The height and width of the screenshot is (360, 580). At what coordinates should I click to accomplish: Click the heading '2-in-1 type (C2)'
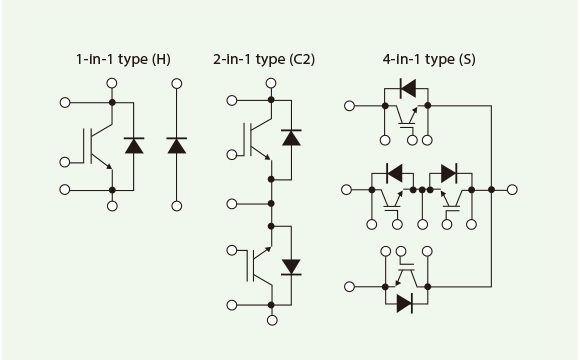click(264, 59)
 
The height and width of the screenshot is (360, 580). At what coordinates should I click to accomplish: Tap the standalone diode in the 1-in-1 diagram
click(177, 146)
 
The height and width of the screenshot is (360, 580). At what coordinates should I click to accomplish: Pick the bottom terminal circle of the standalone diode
click(177, 206)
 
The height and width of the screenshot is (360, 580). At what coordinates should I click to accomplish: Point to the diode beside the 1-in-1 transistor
click(133, 146)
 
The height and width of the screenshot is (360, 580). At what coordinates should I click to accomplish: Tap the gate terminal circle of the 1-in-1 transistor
click(66, 160)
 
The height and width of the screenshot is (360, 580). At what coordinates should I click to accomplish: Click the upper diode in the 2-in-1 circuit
click(292, 138)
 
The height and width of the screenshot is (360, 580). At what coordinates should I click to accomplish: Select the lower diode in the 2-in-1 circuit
click(292, 266)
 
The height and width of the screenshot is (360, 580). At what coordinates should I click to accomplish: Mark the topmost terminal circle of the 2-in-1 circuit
click(270, 84)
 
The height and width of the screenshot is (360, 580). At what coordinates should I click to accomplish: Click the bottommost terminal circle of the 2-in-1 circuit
click(270, 320)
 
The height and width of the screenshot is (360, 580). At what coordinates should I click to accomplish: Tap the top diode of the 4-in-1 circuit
click(407, 88)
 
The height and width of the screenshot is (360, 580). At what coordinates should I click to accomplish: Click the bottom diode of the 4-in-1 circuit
click(407, 302)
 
